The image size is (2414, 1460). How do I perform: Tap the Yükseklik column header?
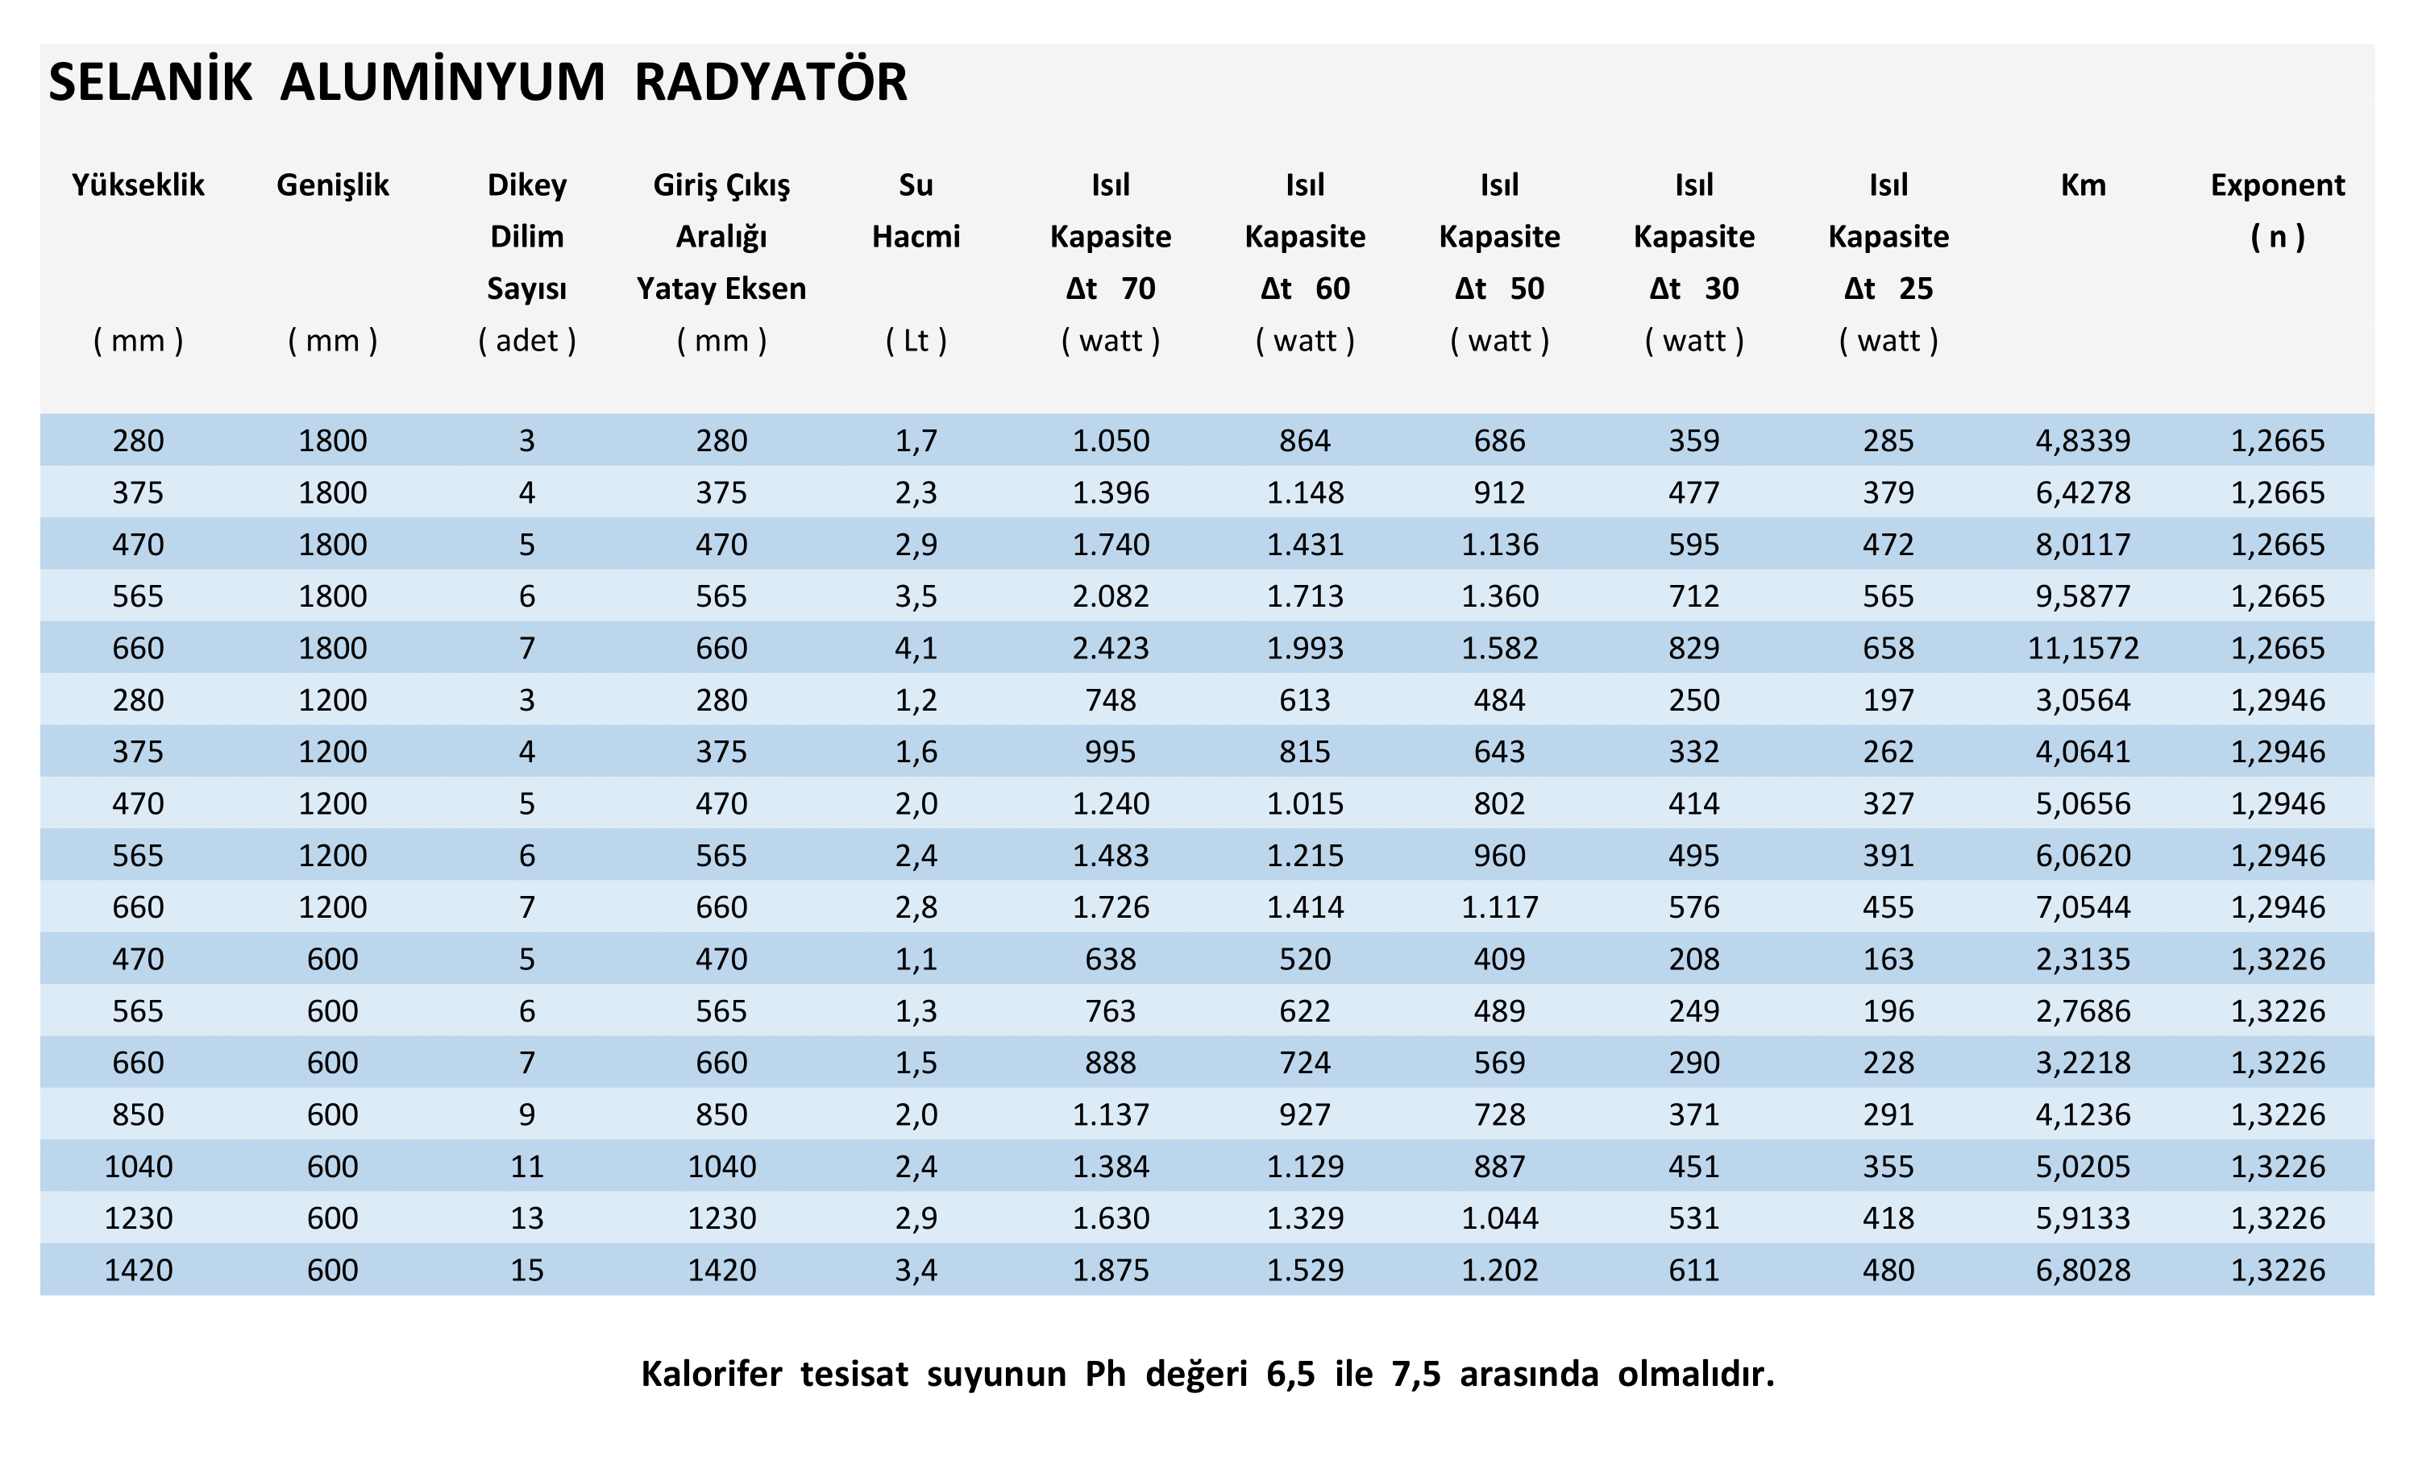pyautogui.click(x=138, y=185)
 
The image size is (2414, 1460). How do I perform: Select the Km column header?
pyautogui.click(x=2082, y=185)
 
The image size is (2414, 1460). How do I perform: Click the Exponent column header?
pyautogui.click(x=2277, y=185)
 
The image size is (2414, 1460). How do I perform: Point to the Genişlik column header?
pyautogui.click(x=332, y=185)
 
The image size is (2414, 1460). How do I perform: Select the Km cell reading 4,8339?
pyautogui.click(x=2082, y=441)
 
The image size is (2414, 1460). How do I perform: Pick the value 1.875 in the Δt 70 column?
pyautogui.click(x=1110, y=1270)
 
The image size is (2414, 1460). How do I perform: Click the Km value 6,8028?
pyautogui.click(x=2082, y=1270)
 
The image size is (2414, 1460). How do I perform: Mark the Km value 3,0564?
pyautogui.click(x=2082, y=700)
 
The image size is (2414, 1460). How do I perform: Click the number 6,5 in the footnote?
pyautogui.click(x=1290, y=1374)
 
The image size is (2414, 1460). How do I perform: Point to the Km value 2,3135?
pyautogui.click(x=2082, y=959)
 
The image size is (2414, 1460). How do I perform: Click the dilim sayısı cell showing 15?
pyautogui.click(x=526, y=1270)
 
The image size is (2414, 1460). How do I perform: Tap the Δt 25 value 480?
pyautogui.click(x=1888, y=1270)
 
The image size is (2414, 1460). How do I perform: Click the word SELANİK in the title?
pyautogui.click(x=150, y=82)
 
